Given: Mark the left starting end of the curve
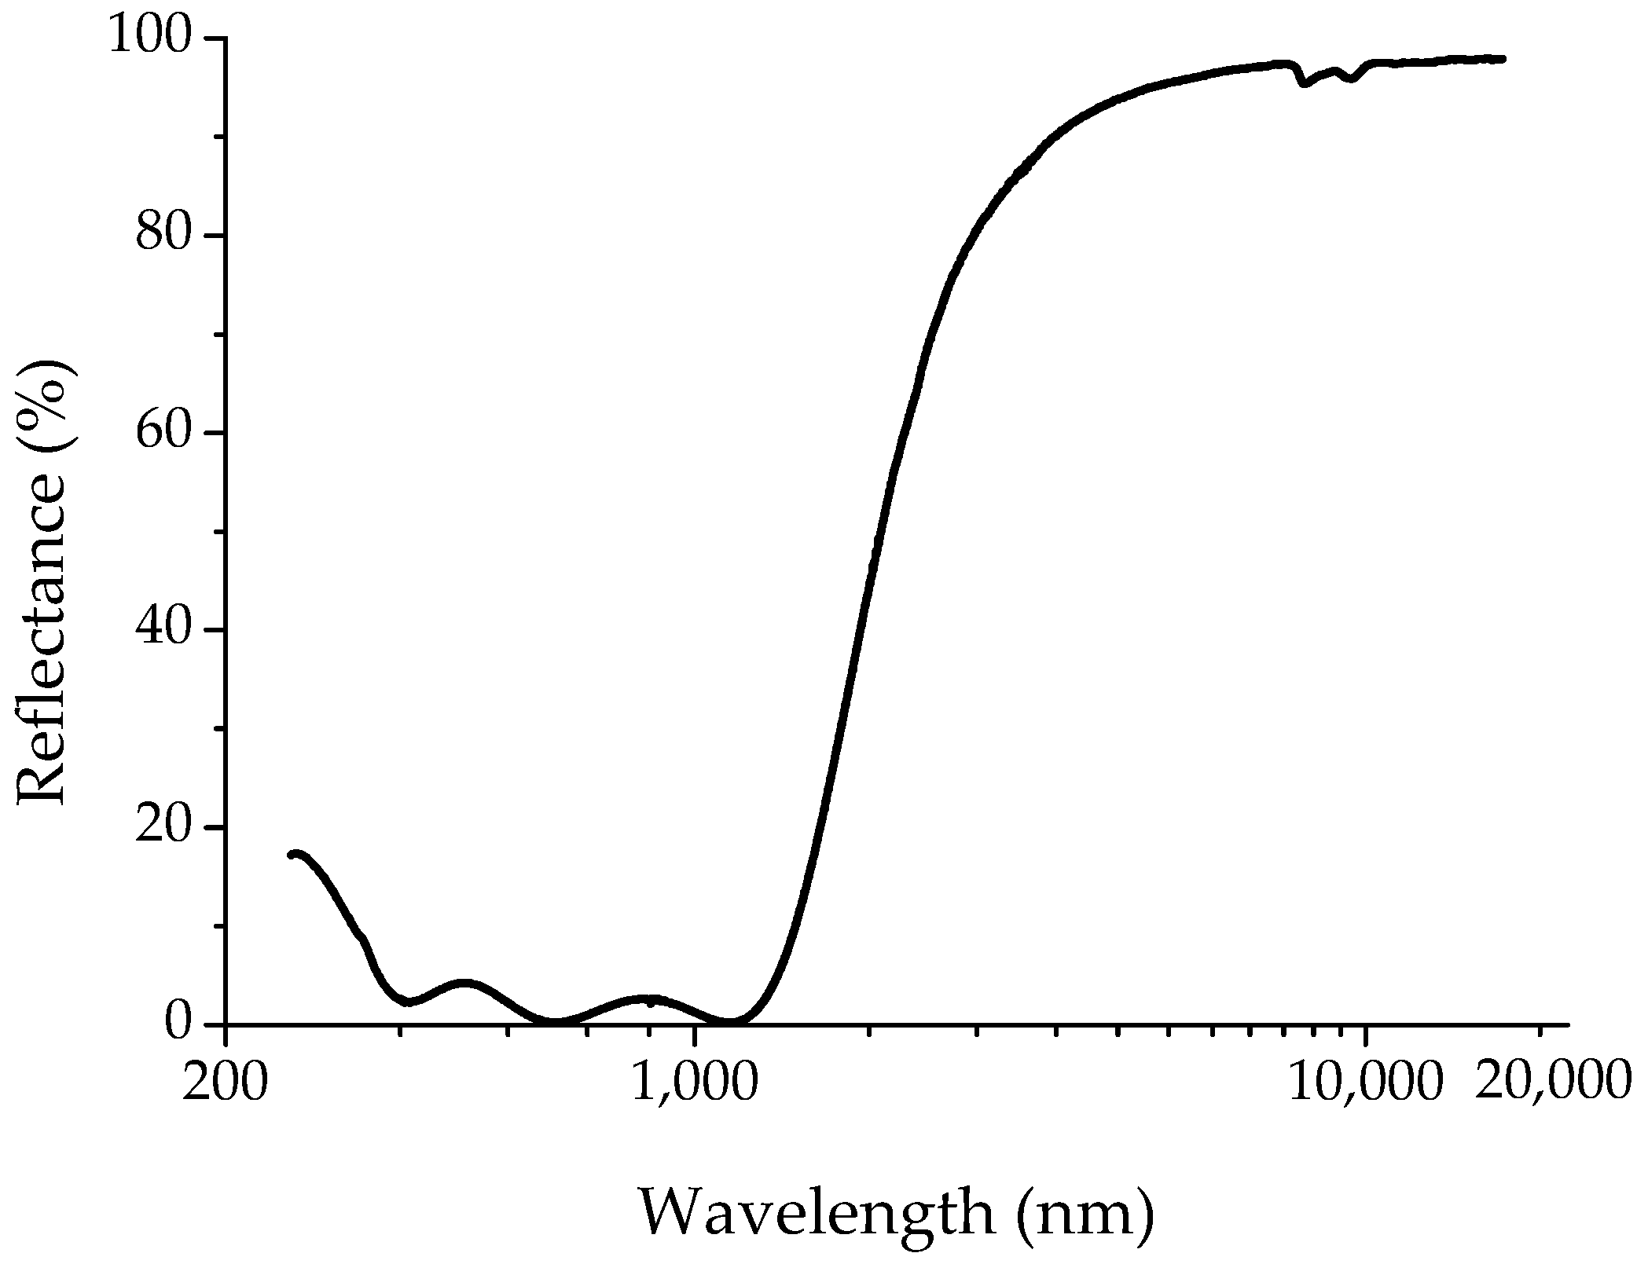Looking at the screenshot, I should pyautogui.click(x=292, y=854).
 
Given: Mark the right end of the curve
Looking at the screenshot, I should pyautogui.click(x=1503, y=59).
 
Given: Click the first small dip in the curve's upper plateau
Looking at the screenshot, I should pyautogui.click(x=1305, y=82).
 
